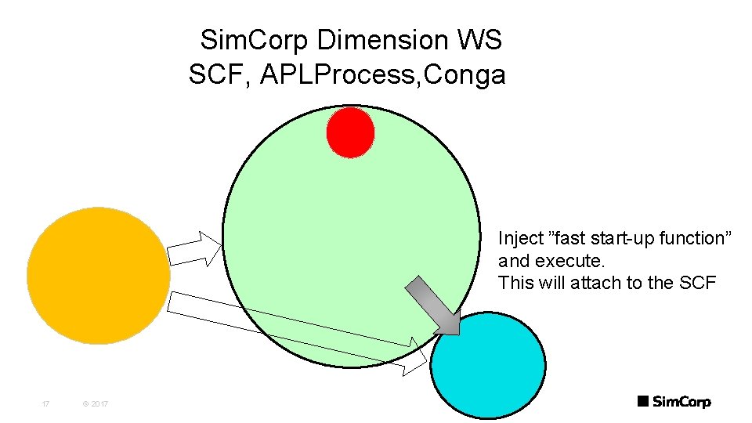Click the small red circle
350,132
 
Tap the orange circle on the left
99,275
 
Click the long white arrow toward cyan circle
298,327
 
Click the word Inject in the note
520,238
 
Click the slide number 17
45,404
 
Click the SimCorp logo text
681,402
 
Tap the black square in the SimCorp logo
642,401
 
